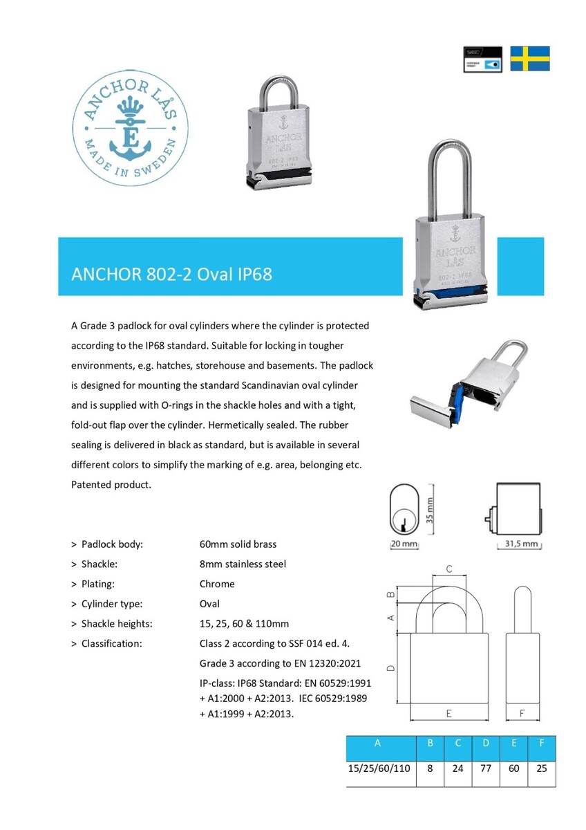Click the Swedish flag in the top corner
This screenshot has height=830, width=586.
530,59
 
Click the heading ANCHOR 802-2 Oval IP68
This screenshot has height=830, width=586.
171,274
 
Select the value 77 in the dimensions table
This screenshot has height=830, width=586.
486,768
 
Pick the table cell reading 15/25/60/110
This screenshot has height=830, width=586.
381,768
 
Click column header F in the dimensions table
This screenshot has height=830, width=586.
541,744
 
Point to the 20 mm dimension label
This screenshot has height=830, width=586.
405,544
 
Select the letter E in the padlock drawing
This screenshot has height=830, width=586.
449,712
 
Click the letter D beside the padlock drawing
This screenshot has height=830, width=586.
391,668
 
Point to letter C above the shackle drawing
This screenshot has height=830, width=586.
448,569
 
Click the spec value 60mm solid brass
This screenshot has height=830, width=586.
238,544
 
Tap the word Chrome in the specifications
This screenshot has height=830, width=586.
217,584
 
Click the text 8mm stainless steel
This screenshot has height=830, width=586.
243,564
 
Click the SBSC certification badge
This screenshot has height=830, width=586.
482,59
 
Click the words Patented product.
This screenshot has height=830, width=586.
111,484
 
